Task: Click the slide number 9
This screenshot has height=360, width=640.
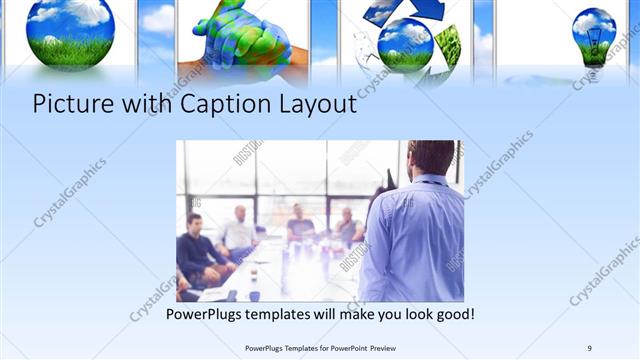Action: click(x=589, y=347)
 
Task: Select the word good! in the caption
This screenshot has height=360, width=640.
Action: click(x=452, y=315)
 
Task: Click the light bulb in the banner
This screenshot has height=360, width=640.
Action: click(x=594, y=34)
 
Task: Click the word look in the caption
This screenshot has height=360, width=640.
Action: click(x=411, y=315)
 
